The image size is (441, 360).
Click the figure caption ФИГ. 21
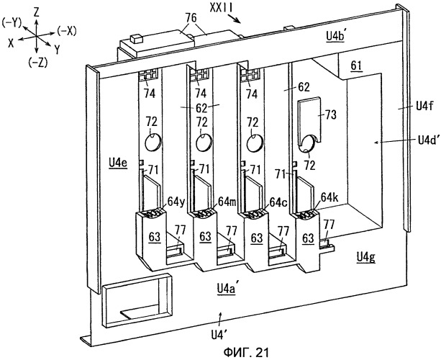(x=246, y=352)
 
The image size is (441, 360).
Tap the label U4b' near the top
(x=335, y=37)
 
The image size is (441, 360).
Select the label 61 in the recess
(x=356, y=66)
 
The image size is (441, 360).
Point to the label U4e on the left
(x=118, y=163)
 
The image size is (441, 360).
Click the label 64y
(x=176, y=202)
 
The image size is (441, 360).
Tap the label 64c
(x=278, y=202)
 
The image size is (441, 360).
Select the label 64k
(x=329, y=198)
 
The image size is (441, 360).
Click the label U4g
(x=366, y=257)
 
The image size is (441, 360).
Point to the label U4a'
(x=227, y=289)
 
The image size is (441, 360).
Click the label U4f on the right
(x=424, y=107)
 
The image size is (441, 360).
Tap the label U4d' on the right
(x=427, y=140)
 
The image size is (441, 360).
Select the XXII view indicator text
(x=221, y=8)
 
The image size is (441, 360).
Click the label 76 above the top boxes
(x=191, y=19)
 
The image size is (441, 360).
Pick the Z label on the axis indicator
(x=36, y=12)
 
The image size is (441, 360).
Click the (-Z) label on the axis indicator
(x=38, y=63)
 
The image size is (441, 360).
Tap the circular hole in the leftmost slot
(x=153, y=142)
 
